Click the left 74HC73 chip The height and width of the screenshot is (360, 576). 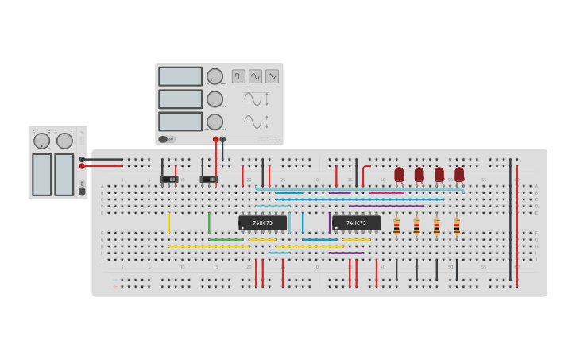(262, 223)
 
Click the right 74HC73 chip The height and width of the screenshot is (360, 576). (356, 223)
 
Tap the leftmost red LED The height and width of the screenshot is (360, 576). (399, 174)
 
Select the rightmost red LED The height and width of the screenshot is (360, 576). (459, 174)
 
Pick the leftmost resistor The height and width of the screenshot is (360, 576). (396, 226)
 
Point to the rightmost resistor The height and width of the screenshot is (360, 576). (457, 226)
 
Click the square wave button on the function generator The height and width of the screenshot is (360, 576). (238, 76)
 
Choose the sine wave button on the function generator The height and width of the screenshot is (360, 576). (255, 76)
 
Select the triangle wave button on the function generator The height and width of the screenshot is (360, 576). (272, 76)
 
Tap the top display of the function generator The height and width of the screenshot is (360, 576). (180, 76)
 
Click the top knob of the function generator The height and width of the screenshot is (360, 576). (215, 76)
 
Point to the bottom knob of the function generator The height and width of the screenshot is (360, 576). (215, 122)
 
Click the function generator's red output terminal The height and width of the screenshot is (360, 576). (215, 140)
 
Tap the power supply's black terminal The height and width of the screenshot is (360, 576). (82, 159)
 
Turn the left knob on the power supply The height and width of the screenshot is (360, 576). (41, 141)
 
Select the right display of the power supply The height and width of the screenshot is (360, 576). (64, 175)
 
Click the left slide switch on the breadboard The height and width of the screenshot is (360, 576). (169, 180)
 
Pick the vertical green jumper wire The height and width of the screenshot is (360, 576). (209, 223)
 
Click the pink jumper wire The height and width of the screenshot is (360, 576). (386, 192)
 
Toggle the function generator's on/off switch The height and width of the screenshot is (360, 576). (166, 139)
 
